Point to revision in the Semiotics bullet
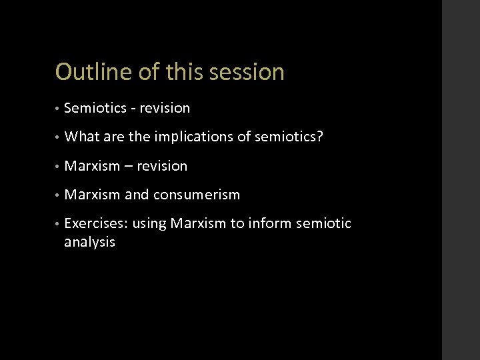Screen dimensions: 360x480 click(x=165, y=108)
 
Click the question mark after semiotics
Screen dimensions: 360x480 click(x=320, y=137)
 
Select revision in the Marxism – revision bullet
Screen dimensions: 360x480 click(x=162, y=166)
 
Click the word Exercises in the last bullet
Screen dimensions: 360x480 click(x=95, y=224)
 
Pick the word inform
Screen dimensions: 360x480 click(x=270, y=224)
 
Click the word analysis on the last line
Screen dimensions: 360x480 click(x=89, y=243)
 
